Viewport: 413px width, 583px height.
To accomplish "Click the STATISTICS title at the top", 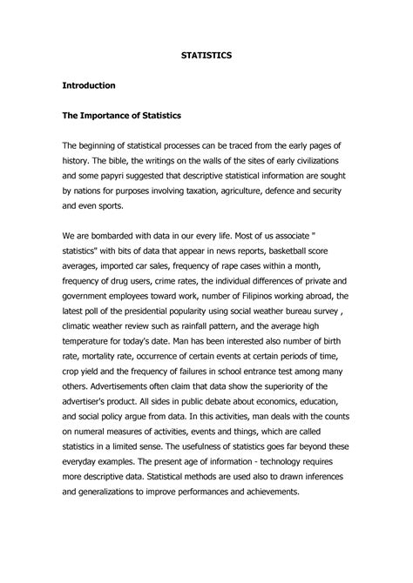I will [x=206, y=54].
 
